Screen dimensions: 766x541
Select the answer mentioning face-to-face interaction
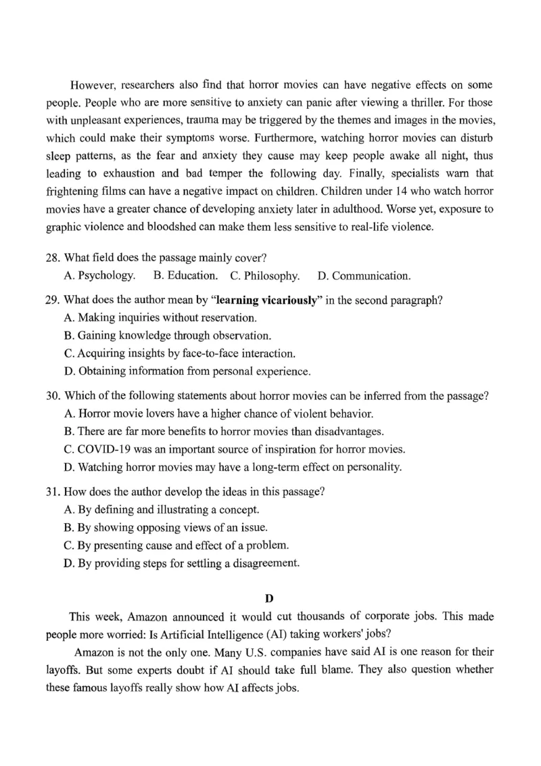[179, 353]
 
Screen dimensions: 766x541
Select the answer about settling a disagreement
[180, 562]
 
